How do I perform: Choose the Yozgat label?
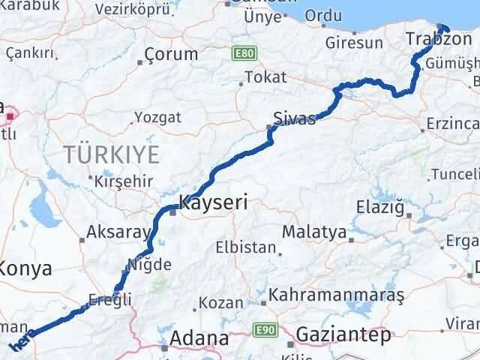click(x=157, y=117)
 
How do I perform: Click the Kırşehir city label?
click(x=124, y=181)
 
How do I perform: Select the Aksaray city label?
click(x=118, y=232)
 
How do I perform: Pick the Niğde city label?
click(x=151, y=264)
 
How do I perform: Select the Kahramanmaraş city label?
click(x=337, y=295)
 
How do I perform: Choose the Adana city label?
click(x=199, y=338)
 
